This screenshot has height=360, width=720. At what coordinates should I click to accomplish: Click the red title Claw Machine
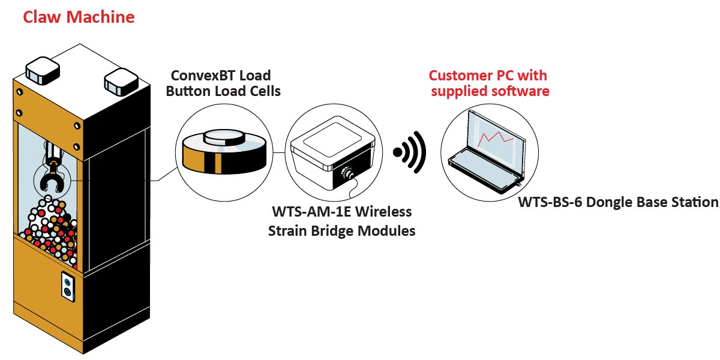pos(79,17)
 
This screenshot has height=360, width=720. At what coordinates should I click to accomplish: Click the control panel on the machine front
pos(68,285)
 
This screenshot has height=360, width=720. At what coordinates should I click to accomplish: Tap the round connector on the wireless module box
pos(347,175)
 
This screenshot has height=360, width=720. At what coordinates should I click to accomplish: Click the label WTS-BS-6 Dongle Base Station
pos(618,202)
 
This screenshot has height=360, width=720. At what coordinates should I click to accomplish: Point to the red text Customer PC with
pos(487,76)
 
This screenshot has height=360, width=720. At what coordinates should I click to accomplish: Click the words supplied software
pos(490,91)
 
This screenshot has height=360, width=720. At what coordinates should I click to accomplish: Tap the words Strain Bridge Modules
pos(341,230)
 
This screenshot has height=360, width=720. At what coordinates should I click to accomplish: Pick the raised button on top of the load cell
pos(223,137)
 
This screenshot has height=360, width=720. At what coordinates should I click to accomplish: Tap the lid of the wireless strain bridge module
pos(332,143)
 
